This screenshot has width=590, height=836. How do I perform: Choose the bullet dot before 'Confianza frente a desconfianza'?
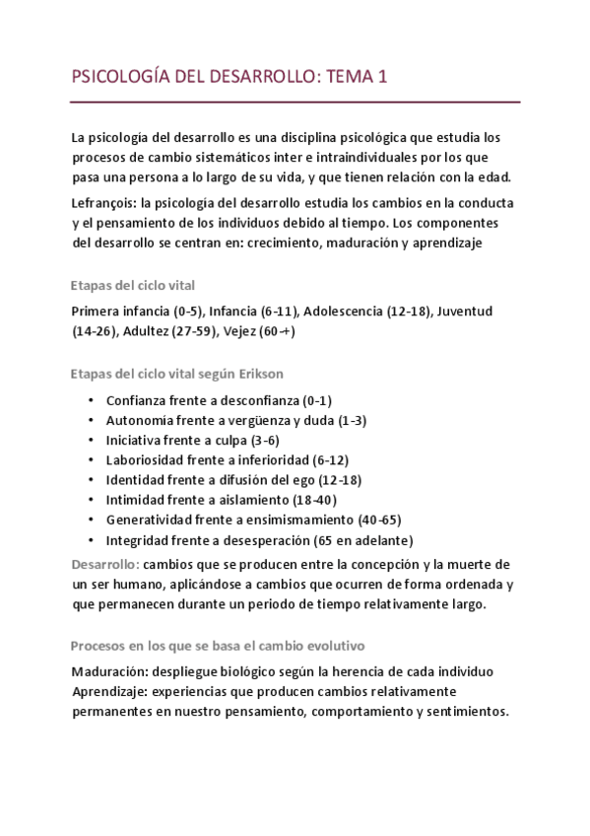pyautogui.click(x=90, y=401)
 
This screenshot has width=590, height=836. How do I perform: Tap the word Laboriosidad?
pyautogui.click(x=147, y=459)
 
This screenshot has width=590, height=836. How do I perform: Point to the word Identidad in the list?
pyautogui.click(x=136, y=479)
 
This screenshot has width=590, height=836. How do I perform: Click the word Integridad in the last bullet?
pyautogui.click(x=138, y=539)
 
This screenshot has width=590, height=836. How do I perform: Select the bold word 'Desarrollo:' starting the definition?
pyautogui.click(x=106, y=564)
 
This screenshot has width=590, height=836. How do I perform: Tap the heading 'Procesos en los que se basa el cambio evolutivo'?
pyautogui.click(x=218, y=645)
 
